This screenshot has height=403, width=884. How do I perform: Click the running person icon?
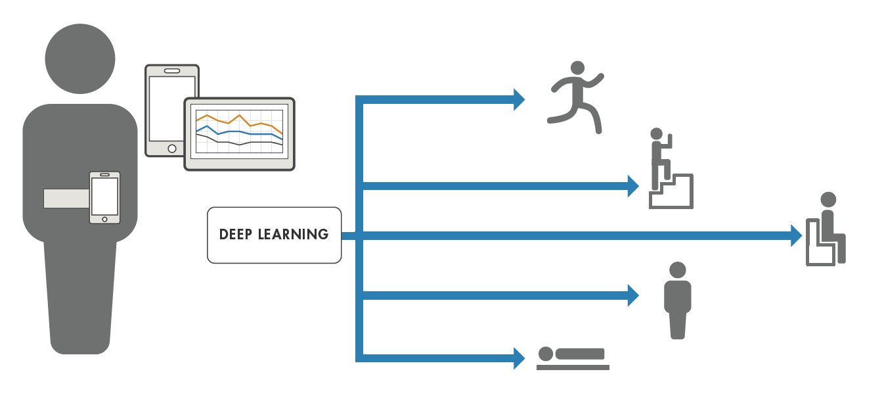576,96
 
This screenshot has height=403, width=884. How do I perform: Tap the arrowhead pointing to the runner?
518,99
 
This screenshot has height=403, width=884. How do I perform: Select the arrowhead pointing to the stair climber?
632,186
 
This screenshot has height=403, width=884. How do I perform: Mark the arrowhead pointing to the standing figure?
632,295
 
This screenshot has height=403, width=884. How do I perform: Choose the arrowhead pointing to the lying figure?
518,358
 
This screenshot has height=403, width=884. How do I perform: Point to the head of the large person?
80,58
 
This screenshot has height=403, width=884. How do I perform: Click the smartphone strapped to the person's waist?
104,197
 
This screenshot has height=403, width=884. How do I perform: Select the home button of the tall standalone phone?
172,149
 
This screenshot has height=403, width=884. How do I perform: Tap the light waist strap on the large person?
66,198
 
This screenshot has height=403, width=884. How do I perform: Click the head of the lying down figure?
546,354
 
